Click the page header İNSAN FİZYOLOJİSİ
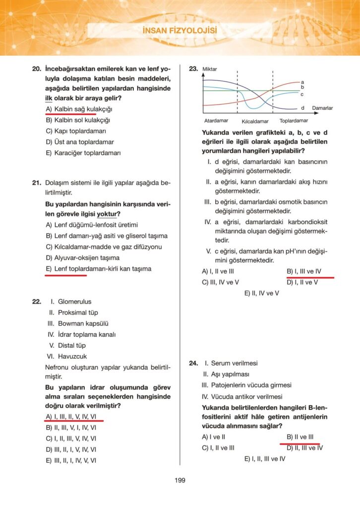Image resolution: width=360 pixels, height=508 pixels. pyautogui.click(x=180, y=31)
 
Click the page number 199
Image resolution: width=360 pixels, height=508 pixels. pyautogui.click(x=180, y=480)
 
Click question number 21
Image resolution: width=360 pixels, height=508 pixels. pyautogui.click(x=36, y=183)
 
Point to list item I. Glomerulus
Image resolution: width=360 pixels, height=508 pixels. pyautogui.click(x=71, y=302)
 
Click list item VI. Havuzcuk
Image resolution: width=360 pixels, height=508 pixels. pyautogui.click(x=67, y=356)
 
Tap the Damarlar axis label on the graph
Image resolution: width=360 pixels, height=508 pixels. pyautogui.click(x=322, y=108)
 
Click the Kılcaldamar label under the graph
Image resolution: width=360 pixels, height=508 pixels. pyautogui.click(x=255, y=121)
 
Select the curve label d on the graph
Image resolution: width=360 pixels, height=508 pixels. pyautogui.click(x=302, y=108)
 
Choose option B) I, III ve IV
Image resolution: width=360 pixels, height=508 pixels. pyautogui.click(x=304, y=271)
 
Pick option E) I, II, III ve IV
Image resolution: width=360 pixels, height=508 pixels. pyautogui.click(x=265, y=459)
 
